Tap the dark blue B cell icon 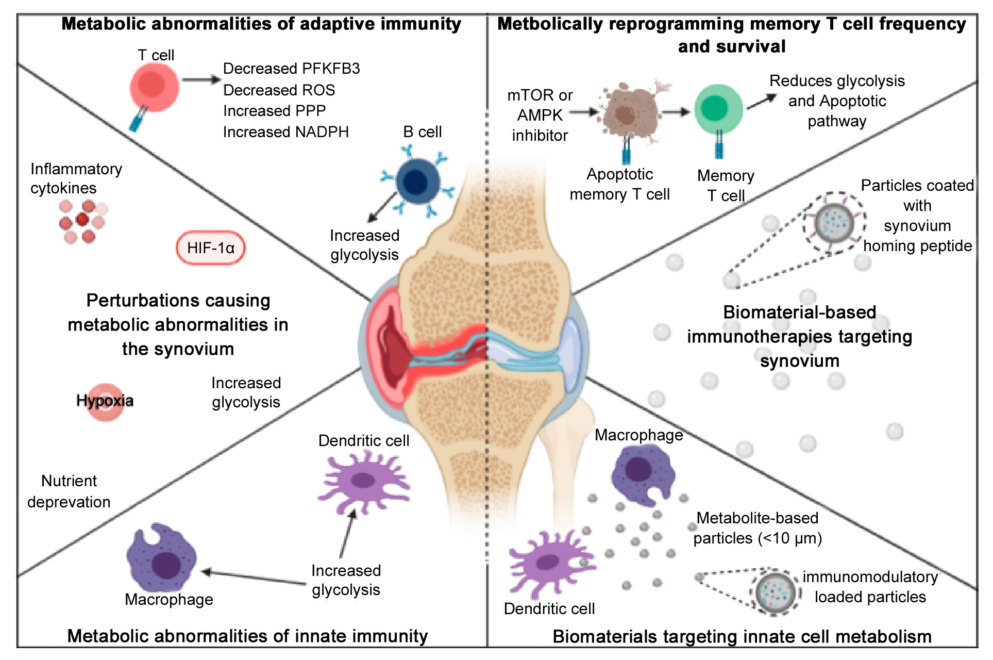pos(417,181)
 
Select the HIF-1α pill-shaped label pos(210,248)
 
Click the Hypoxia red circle pos(106,401)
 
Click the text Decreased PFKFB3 pos(291,69)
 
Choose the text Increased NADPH pos(285,132)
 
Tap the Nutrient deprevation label pos(69,491)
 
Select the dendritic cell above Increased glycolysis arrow pos(364,481)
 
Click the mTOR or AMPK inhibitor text pos(540,115)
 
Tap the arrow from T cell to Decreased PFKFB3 pos(201,80)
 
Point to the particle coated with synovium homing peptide pos(834,223)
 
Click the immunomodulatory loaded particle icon pos(775,592)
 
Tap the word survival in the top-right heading pos(757,46)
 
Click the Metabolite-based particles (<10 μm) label pos(757,528)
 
